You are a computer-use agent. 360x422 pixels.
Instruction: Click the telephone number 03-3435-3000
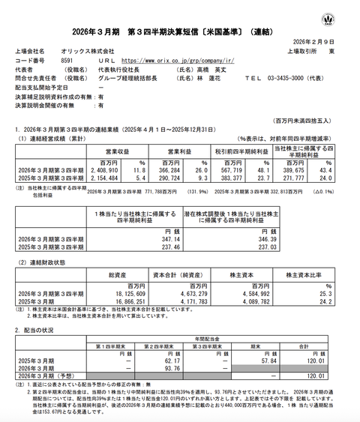pos(304,77)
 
